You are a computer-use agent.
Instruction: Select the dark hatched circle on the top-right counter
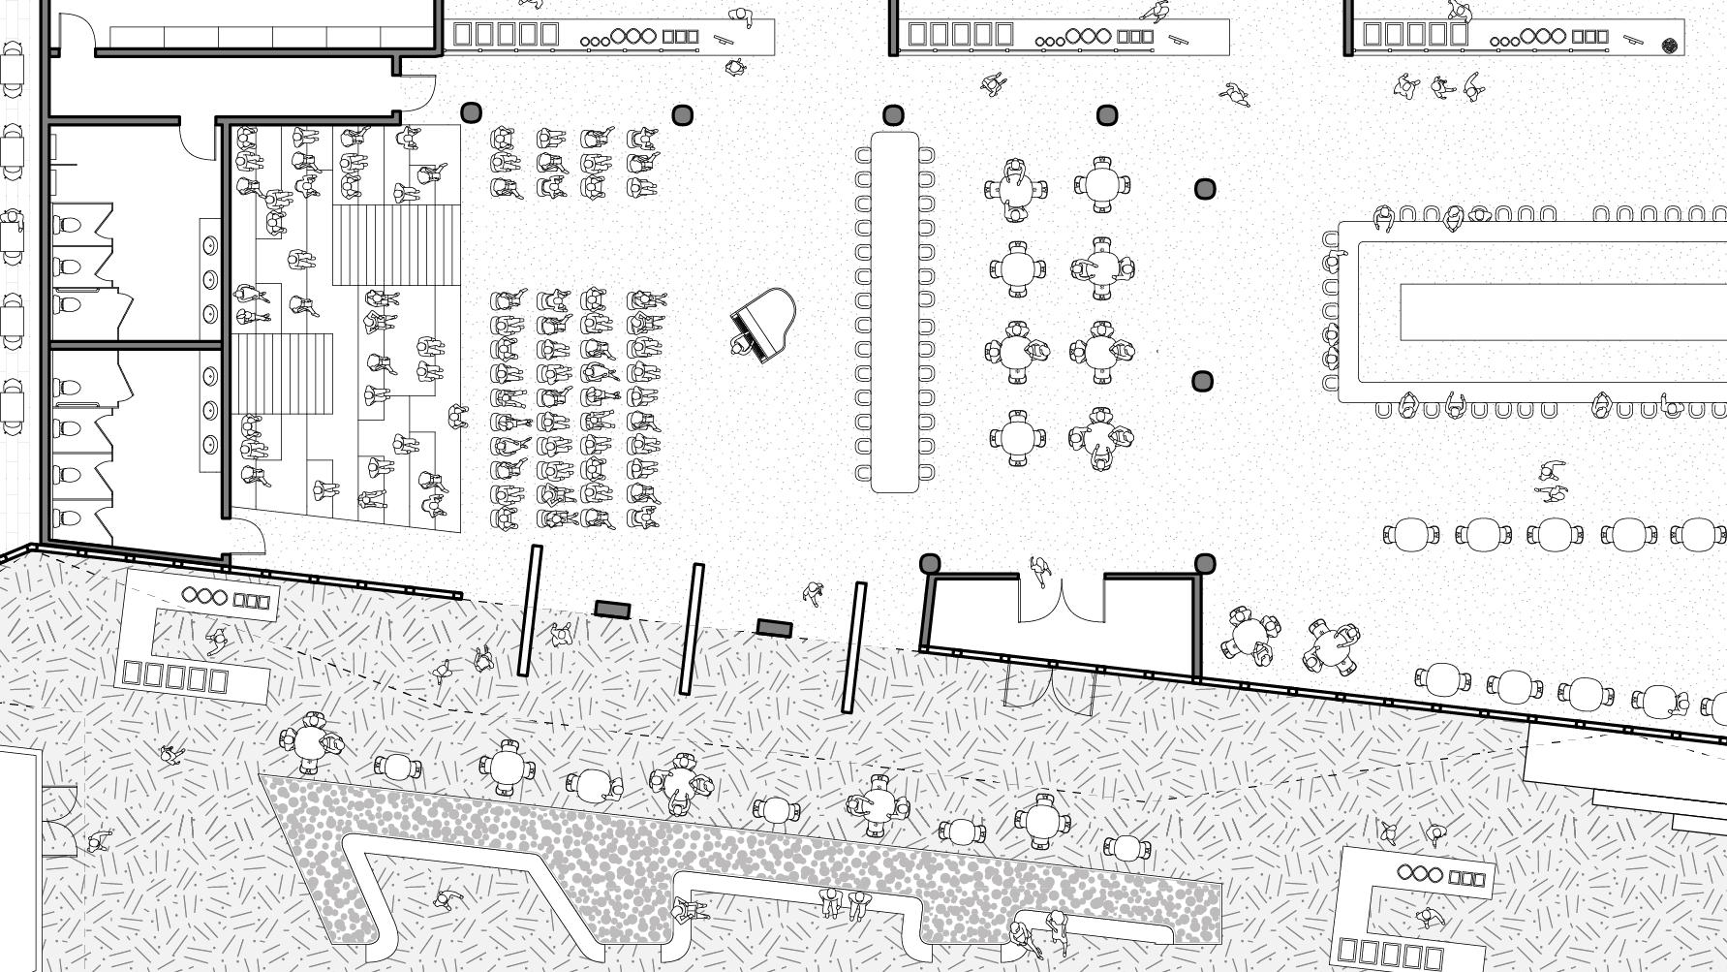(x=1670, y=45)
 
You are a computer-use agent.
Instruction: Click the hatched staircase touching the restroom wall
(x=281, y=374)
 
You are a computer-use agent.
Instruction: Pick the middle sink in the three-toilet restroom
(x=210, y=280)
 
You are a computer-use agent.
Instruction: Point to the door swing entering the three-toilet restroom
(x=199, y=141)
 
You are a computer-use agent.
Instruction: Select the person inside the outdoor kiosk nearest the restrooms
(x=217, y=639)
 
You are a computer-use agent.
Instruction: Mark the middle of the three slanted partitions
(x=692, y=629)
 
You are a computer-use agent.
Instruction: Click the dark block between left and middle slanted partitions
(x=612, y=610)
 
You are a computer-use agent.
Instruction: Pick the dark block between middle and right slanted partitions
(x=774, y=628)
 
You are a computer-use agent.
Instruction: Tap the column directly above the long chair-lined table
(x=893, y=115)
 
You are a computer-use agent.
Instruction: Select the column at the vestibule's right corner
(x=1205, y=564)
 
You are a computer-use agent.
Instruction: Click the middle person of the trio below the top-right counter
(x=1440, y=87)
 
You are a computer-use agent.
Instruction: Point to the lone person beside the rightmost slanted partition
(x=814, y=592)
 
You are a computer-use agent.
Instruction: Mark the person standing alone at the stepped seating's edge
(x=458, y=418)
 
